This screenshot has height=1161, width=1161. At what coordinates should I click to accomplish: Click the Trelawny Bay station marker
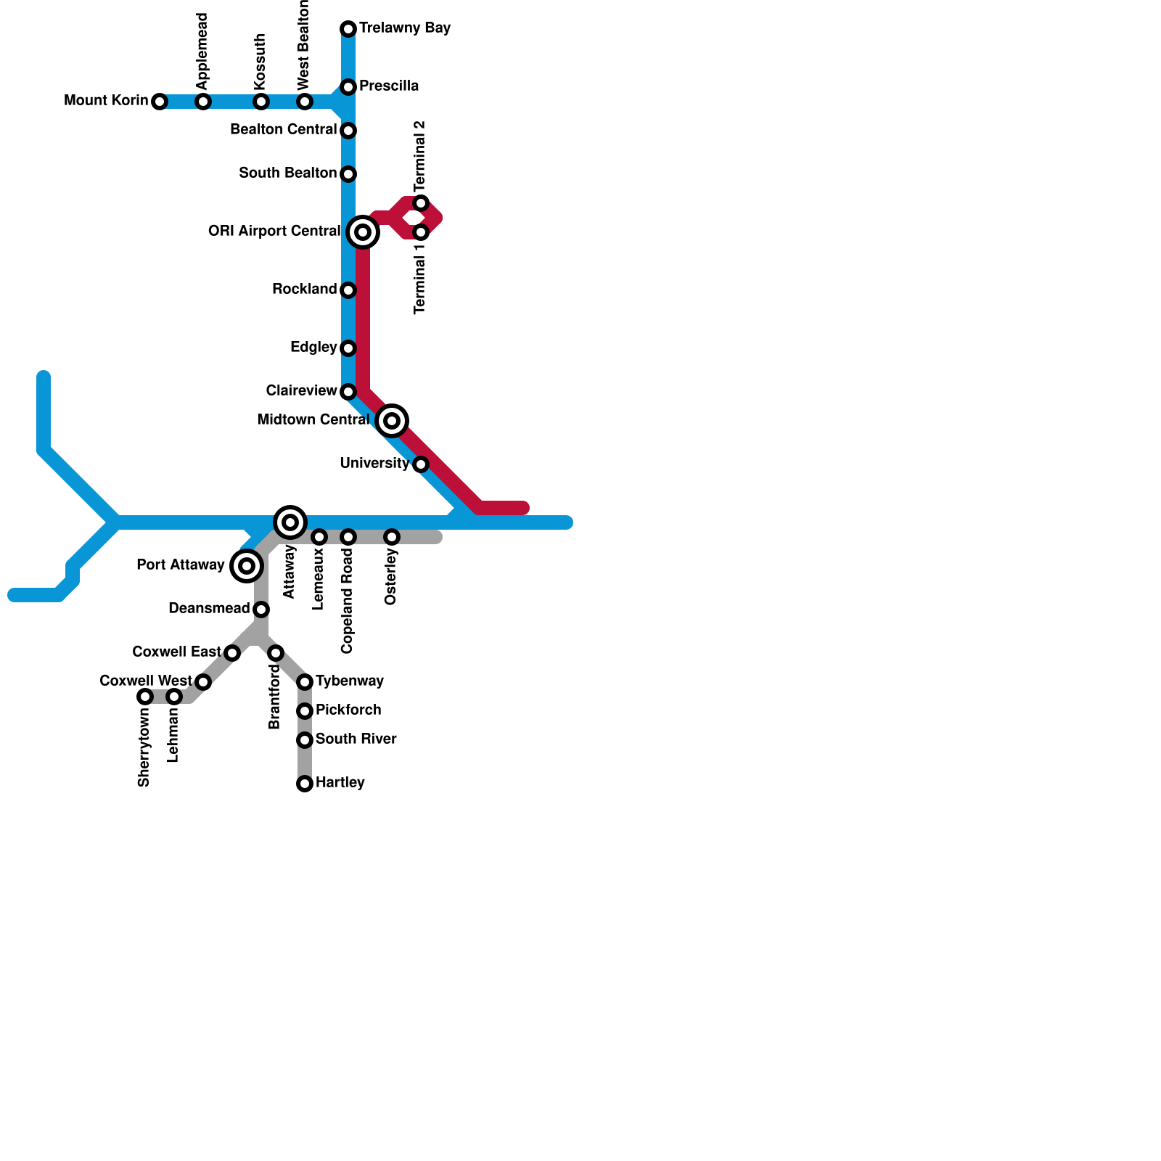coord(348,29)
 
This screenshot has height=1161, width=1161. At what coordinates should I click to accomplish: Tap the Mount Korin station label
coord(106,101)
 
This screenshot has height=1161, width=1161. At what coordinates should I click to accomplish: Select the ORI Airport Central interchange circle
coord(363,232)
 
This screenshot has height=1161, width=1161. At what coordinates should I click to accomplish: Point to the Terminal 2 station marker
coord(421,203)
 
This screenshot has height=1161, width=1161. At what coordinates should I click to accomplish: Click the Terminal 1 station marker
coord(421,233)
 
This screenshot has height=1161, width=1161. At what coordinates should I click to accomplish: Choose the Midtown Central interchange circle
coord(392,421)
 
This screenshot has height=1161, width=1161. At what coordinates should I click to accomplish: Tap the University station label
coord(374,464)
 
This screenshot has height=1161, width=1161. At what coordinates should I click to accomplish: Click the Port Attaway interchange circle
coord(247,566)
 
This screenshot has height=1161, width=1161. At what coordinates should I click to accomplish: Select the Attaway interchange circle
coord(290,522)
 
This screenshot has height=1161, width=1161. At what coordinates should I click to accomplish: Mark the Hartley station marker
coord(305,784)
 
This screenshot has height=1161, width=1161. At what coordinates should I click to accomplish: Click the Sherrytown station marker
coord(145,697)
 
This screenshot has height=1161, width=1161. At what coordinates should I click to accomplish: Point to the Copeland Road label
coord(347,601)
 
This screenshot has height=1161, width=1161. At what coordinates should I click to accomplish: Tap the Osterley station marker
coord(392,537)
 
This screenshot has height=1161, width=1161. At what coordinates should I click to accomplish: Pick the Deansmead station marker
coord(261,610)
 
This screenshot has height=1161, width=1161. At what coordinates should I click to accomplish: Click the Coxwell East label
coord(176,652)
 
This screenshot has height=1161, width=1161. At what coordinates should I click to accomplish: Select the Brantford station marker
coord(276,653)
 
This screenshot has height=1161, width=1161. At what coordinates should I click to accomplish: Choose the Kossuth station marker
coord(261,102)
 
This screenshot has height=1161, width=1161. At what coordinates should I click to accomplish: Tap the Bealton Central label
coord(284,130)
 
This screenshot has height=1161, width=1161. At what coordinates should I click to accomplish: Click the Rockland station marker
coord(348,290)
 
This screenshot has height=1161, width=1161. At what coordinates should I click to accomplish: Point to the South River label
coord(356,739)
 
